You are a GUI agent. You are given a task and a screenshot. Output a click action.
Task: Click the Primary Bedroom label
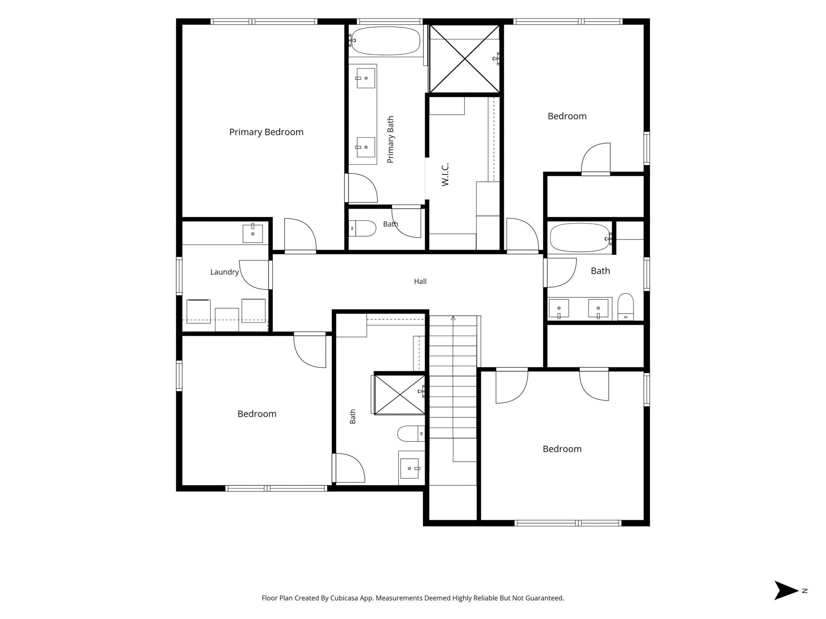pyautogui.click(x=266, y=132)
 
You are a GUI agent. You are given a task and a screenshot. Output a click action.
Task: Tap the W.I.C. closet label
pyautogui.click(x=445, y=174)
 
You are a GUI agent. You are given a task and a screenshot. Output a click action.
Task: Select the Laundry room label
pyautogui.click(x=224, y=272)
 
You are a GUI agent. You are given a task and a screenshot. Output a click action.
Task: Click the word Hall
pyautogui.click(x=420, y=281)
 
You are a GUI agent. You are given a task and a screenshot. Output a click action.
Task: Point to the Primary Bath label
pyautogui.click(x=390, y=139)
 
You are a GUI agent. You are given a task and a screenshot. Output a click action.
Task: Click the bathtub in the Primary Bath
pyautogui.click(x=386, y=40)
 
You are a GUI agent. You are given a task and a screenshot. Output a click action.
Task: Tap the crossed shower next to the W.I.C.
pyautogui.click(x=465, y=59)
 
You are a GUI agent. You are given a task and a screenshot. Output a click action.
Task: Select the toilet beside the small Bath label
pyautogui.click(x=363, y=229)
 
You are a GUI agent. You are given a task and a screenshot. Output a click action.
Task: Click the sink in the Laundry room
pyautogui.click(x=253, y=233)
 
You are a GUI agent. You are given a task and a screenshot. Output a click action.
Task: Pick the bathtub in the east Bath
pyautogui.click(x=580, y=238)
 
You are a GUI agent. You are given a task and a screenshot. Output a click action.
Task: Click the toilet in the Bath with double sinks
pyautogui.click(x=625, y=307)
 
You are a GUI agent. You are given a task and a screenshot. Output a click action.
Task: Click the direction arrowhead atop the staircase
pyautogui.click(x=453, y=318)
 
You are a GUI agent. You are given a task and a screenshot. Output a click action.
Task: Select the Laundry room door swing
pyautogui.click(x=254, y=275)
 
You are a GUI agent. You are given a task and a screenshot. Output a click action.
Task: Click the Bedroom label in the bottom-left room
pyautogui.click(x=257, y=414)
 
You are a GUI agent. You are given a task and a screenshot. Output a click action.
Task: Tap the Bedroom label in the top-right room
pyautogui.click(x=567, y=116)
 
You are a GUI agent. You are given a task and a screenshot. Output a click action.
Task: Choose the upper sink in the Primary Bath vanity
pyautogui.click(x=365, y=78)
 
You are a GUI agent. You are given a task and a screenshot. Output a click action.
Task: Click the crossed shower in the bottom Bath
pyautogui.click(x=399, y=395)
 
